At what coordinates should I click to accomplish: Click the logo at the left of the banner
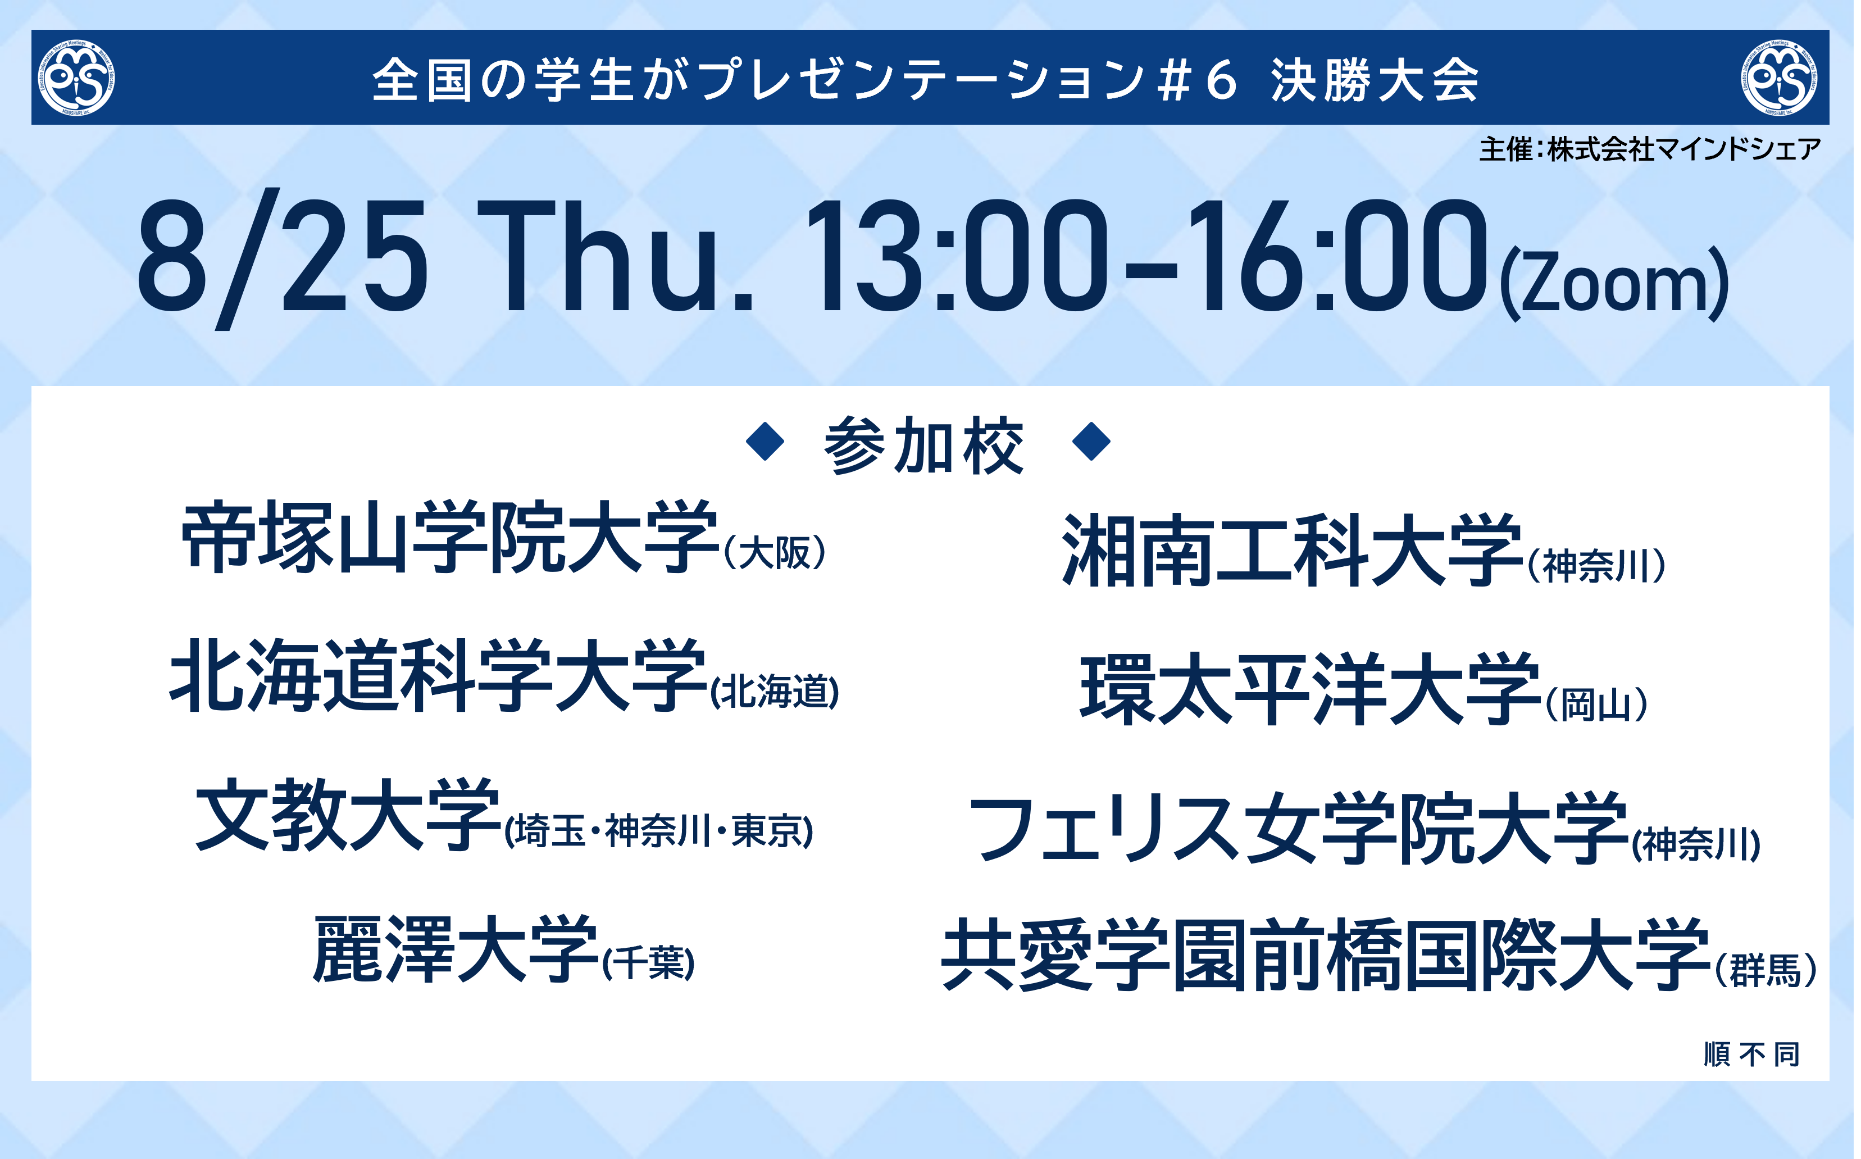point(76,78)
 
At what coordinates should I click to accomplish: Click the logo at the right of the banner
point(1780,78)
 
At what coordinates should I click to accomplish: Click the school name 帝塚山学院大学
point(451,537)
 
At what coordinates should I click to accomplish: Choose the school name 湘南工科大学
point(1293,551)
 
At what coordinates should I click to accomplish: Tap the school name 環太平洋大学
point(1311,689)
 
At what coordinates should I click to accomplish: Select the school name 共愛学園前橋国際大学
point(1327,955)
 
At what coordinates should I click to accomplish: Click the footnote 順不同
point(1752,1055)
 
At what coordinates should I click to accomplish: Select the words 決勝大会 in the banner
point(1375,80)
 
